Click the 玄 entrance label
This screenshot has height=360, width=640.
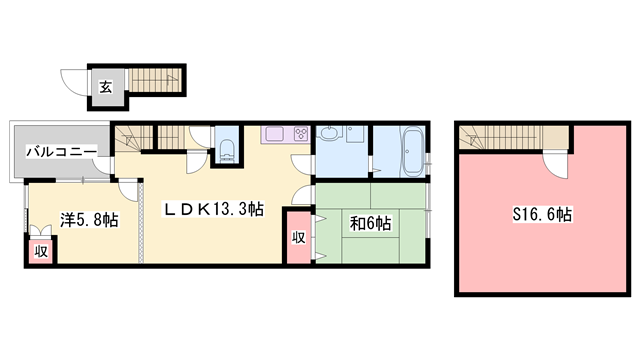pos(106,87)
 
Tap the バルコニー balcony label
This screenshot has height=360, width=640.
pos(62,152)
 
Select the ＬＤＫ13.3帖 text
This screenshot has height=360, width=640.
pos(214,209)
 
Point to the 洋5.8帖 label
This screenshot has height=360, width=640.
pos(89,220)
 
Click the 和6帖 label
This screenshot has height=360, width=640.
pos(370,223)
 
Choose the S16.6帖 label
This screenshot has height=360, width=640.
pos(542,214)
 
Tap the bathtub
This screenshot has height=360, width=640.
pos(413,152)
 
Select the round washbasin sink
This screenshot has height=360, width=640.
pos(330,133)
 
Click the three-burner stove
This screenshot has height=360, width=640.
pos(302,134)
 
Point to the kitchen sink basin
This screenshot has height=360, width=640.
pos(275,133)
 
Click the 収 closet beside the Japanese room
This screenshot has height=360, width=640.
pos(298,237)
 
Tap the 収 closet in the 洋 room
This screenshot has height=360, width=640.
pos(41,251)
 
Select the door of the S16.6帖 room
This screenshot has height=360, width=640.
pos(555,165)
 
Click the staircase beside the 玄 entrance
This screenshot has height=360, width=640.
pos(155,80)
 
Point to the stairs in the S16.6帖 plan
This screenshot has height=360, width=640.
pos(513,137)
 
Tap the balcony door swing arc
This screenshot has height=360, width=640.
pos(102,166)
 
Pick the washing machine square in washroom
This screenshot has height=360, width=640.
pos(355,134)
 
